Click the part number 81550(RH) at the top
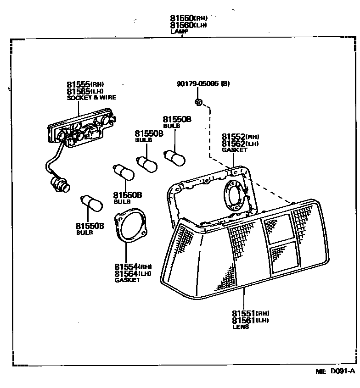pos(188,18)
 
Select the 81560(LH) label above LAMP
pos(188,25)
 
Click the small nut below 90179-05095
pos(198,102)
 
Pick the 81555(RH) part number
pos(85,84)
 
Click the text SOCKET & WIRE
pos(91,98)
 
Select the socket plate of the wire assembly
pos(83,128)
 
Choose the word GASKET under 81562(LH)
pos(235,150)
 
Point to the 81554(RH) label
pos(133,267)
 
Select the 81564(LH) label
pos(133,274)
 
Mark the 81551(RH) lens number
pos(250,313)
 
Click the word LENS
pos(241,327)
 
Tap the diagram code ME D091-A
pos(335,372)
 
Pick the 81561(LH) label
pos(250,320)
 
